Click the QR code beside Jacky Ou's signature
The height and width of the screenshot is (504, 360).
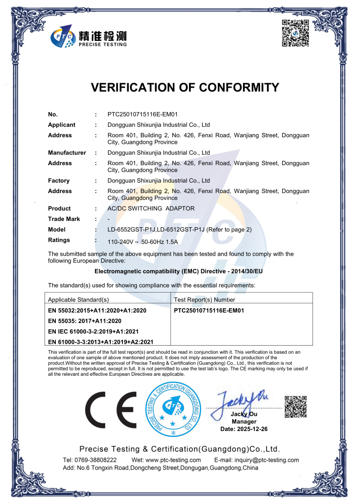click(296, 406)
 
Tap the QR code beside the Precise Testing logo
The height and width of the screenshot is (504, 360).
click(295, 33)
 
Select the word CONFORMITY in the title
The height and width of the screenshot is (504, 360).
click(234, 87)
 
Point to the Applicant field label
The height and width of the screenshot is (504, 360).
click(62, 125)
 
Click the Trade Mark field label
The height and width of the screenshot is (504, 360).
click(64, 219)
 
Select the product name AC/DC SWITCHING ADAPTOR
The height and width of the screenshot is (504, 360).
click(151, 208)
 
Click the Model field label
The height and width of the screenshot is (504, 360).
click(57, 229)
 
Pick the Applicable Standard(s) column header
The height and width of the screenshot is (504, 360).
click(78, 299)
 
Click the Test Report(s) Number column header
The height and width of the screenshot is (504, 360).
click(204, 299)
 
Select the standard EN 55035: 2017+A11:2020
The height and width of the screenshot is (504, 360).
click(85, 321)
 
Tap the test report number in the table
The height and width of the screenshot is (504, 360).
click(209, 310)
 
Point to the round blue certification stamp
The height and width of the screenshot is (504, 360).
click(172, 409)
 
